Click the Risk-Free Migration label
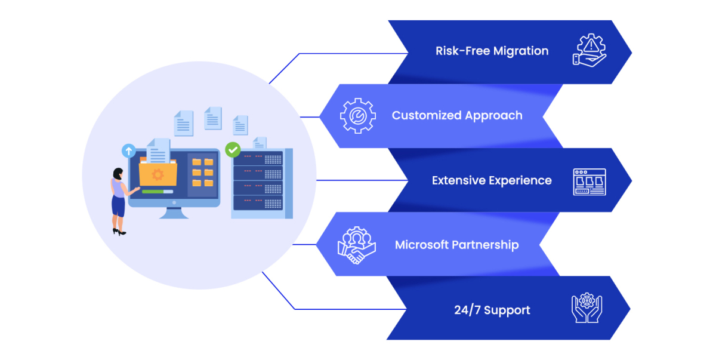click(492, 51)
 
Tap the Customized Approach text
click(457, 115)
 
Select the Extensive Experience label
click(492, 180)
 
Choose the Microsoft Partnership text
click(456, 245)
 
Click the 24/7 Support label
click(492, 310)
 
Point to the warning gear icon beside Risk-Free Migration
click(589, 50)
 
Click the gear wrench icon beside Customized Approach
click(357, 116)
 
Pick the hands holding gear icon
click(587, 309)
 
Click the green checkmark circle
click(232, 149)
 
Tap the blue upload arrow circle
click(128, 150)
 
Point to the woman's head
click(118, 174)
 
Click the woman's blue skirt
click(118, 207)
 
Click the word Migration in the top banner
click(521, 51)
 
